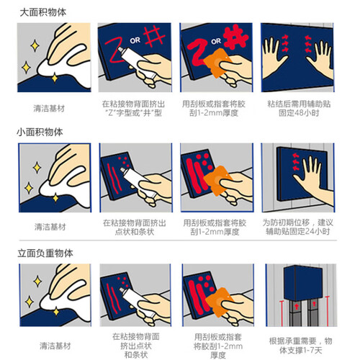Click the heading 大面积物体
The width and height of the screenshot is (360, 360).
pyautogui.click(x=43, y=12)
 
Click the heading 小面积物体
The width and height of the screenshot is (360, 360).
pyautogui.click(x=40, y=132)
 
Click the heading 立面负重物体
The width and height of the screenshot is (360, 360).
pyautogui.click(x=45, y=253)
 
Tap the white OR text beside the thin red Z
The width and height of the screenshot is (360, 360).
pyautogui.click(x=135, y=40)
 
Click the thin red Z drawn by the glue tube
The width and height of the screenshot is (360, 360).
pyautogui.click(x=114, y=51)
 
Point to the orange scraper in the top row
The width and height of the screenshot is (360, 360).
pyautogui.click(x=217, y=63)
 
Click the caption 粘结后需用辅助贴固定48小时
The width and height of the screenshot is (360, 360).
pyautogui.click(x=299, y=108)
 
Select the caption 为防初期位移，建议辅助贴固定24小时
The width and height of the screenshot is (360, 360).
pyautogui.click(x=297, y=227)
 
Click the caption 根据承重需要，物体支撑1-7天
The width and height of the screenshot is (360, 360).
pyautogui.click(x=300, y=346)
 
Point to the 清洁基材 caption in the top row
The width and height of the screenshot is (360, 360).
pyautogui.click(x=49, y=109)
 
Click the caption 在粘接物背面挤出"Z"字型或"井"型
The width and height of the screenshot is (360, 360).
pyautogui.click(x=133, y=108)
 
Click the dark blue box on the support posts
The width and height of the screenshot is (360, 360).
pyautogui.click(x=303, y=283)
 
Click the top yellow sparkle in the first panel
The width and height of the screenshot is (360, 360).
pyautogui.click(x=35, y=45)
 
